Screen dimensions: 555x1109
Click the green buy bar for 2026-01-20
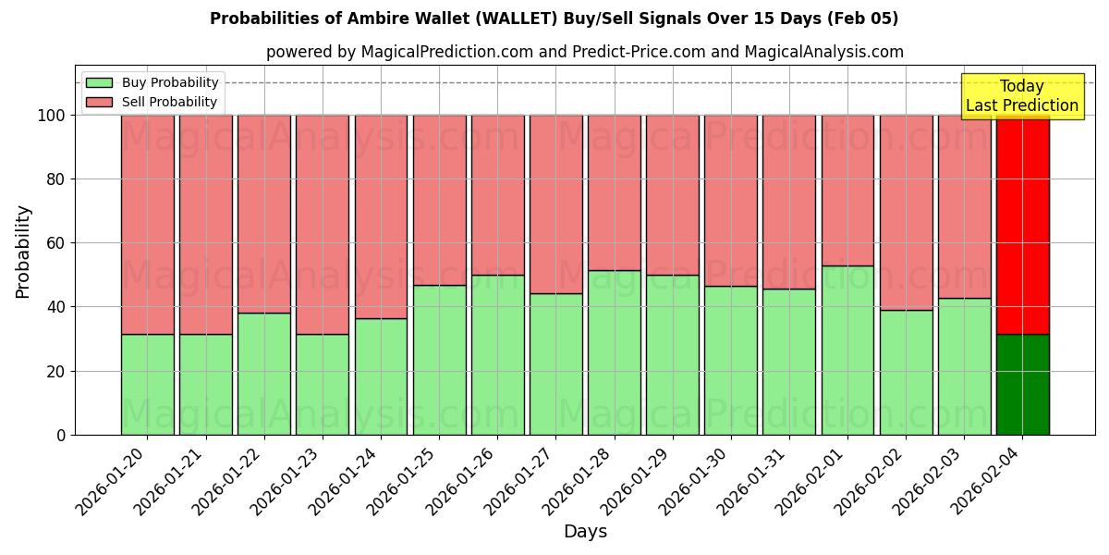coord(147,384)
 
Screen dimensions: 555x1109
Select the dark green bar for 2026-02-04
coord(1022,384)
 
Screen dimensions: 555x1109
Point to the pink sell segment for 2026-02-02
coord(906,212)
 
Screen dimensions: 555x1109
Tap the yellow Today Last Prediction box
coord(1021,96)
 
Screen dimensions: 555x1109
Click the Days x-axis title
coord(585,532)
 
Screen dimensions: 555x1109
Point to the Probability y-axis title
coord(23,251)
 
